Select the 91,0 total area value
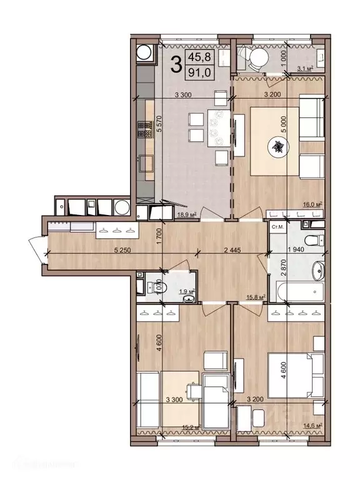[x=203, y=71]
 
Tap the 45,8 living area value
[x=203, y=57]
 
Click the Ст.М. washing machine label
[x=277, y=227]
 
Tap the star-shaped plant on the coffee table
[x=276, y=147]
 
